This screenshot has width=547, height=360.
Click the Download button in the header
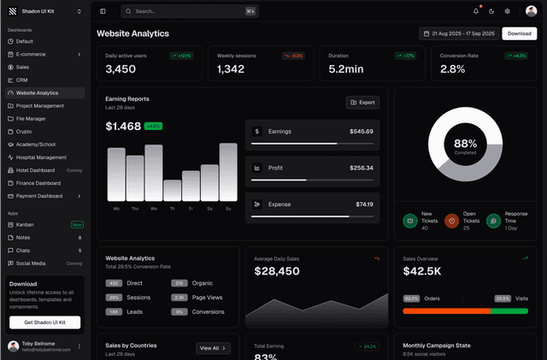point(519,33)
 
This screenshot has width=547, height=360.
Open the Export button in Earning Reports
point(362,102)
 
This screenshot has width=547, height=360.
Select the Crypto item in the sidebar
point(24,132)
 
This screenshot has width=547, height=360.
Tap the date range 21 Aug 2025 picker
point(457,33)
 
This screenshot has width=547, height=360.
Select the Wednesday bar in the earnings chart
point(154,173)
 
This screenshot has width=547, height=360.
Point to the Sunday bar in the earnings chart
point(228,172)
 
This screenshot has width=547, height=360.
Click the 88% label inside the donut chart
point(465,144)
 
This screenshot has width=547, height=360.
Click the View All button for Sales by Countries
point(213,348)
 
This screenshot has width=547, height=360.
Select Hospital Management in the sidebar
point(40,157)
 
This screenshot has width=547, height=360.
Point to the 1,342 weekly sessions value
point(231,68)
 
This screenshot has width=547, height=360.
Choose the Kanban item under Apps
point(25,224)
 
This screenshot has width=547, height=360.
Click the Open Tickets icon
point(451,221)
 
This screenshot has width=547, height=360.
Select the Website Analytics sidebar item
point(37,92)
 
